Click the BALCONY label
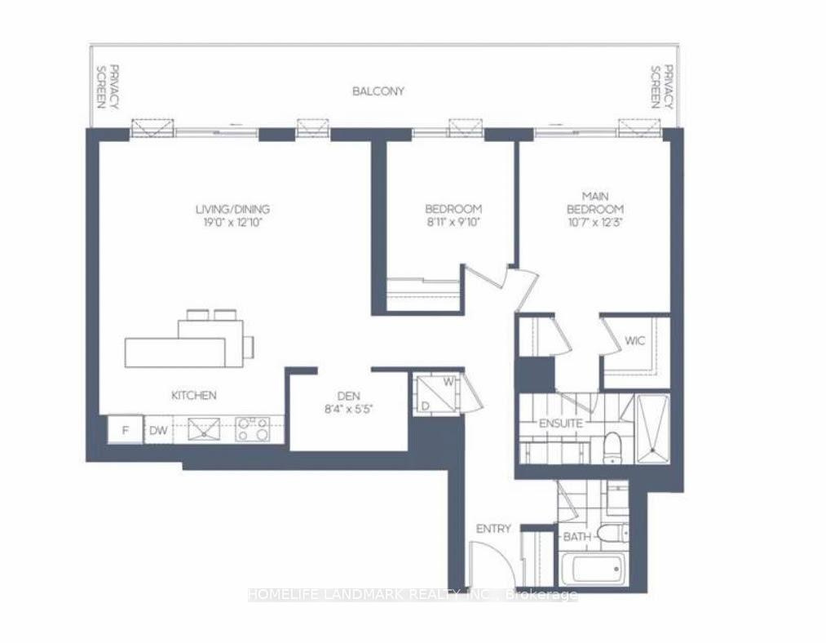378,91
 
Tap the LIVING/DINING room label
232,209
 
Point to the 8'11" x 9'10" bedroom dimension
453,222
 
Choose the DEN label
348,396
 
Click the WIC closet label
634,341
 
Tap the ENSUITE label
560,423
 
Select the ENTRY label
493,529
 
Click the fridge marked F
125,430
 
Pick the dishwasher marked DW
158,430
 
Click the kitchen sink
204,429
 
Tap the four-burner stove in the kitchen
252,429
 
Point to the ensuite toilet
612,447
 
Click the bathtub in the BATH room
592,569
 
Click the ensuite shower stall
653,429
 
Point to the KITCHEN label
194,395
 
